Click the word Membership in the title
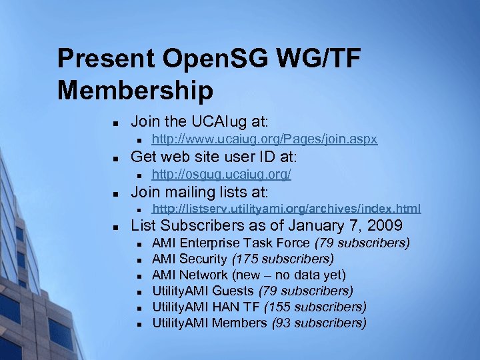135,90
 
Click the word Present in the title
101,59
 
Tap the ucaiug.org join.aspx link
265,139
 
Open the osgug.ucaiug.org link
221,175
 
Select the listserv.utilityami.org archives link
287,209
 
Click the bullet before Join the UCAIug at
115,123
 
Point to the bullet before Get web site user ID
115,159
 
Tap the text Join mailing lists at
199,192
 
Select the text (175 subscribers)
283,259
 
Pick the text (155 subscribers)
315,307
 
